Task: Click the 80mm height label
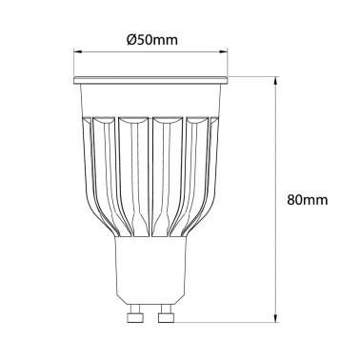[x=308, y=200]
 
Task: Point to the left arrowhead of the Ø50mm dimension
[x=77, y=53]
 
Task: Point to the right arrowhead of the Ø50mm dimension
[x=228, y=53]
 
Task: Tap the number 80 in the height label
[x=294, y=200]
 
